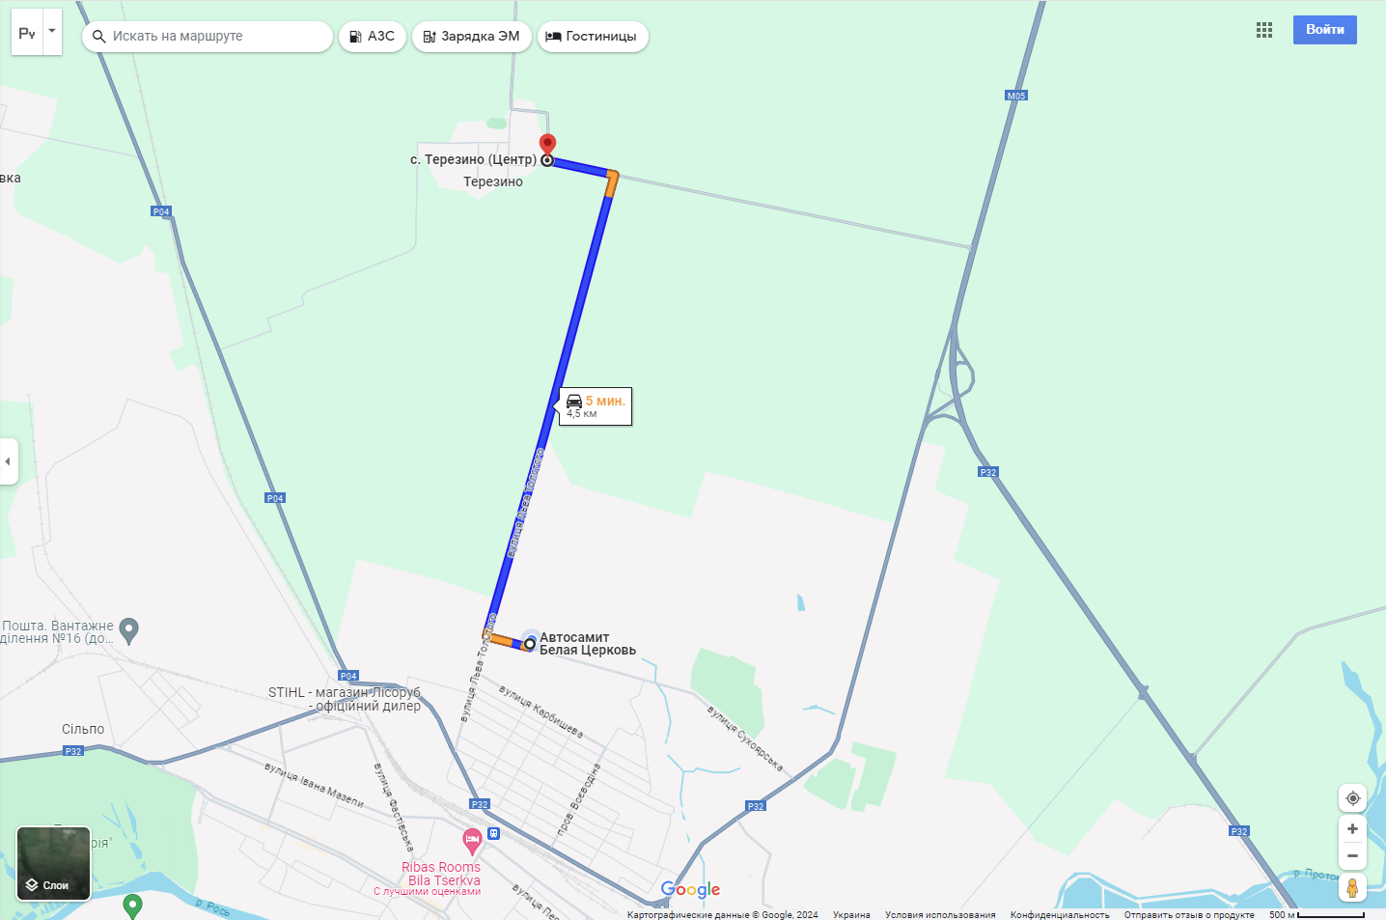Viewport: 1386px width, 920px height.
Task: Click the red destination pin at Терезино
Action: coord(547,145)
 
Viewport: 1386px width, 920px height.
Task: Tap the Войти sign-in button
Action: coord(1324,30)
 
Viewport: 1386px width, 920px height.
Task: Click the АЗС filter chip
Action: coord(372,37)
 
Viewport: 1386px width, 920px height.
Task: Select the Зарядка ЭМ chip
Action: coord(471,37)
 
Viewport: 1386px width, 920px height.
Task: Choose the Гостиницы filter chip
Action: coord(592,37)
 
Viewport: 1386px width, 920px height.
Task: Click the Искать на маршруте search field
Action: coord(212,37)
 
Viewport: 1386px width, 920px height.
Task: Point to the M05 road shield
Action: coord(1016,96)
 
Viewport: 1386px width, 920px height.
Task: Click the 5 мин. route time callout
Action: coord(596,406)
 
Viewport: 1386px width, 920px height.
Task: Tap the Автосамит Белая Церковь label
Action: coord(587,644)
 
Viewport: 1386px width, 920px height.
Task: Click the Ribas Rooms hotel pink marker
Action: coord(472,841)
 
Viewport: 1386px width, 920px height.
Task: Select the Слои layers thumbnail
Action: coord(54,863)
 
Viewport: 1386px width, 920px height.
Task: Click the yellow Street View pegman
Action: coord(1352,887)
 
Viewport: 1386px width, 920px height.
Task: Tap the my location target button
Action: coord(1352,798)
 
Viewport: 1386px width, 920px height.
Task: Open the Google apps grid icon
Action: coord(1264,30)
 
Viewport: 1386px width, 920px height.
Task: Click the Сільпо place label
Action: coord(83,729)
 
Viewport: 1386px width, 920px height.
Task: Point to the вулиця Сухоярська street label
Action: coord(745,739)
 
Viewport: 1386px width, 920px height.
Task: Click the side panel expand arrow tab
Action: coord(8,461)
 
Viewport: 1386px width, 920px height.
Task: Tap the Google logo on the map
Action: coord(690,889)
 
